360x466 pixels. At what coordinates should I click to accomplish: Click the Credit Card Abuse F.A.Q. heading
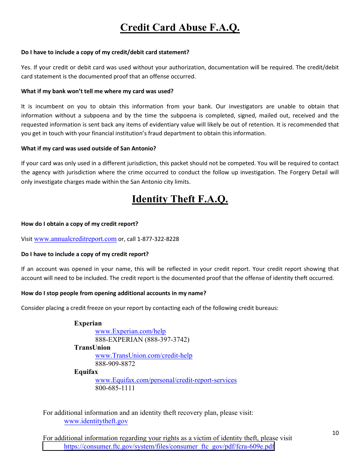[180, 28]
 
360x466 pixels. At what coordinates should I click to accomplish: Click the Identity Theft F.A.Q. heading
[180, 199]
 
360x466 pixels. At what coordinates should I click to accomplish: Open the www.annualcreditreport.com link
[75, 239]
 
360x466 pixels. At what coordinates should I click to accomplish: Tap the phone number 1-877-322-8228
[158, 239]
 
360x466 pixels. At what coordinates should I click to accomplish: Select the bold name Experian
[88, 323]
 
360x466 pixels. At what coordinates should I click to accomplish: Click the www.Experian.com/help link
[130, 332]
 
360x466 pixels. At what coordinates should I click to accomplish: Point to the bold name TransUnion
[92, 347]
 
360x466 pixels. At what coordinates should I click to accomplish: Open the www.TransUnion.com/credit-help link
[144, 356]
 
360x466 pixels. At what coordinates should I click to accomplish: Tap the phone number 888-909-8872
[115, 364]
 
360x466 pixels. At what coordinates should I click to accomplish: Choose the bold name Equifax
[86, 372]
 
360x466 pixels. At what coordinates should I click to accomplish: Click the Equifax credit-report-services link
[166, 380]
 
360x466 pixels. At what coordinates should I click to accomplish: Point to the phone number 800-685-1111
[115, 388]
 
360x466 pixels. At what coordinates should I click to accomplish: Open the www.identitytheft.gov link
[96, 421]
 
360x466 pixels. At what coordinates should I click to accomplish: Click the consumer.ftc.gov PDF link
[169, 447]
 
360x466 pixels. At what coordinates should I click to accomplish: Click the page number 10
[335, 433]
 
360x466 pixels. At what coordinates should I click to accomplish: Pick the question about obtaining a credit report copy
[80, 224]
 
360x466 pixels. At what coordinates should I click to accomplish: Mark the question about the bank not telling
[97, 91]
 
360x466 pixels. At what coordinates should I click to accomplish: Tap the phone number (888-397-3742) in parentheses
[167, 339]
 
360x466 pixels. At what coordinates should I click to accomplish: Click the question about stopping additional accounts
[114, 293]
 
